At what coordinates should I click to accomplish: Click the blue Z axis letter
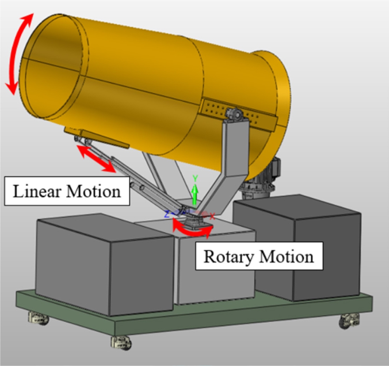click(166, 214)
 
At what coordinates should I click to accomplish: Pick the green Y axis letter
click(195, 178)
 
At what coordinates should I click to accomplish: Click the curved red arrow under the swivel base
click(192, 230)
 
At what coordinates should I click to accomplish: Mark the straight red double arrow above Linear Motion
click(96, 158)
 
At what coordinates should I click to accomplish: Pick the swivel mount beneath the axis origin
click(192, 223)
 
